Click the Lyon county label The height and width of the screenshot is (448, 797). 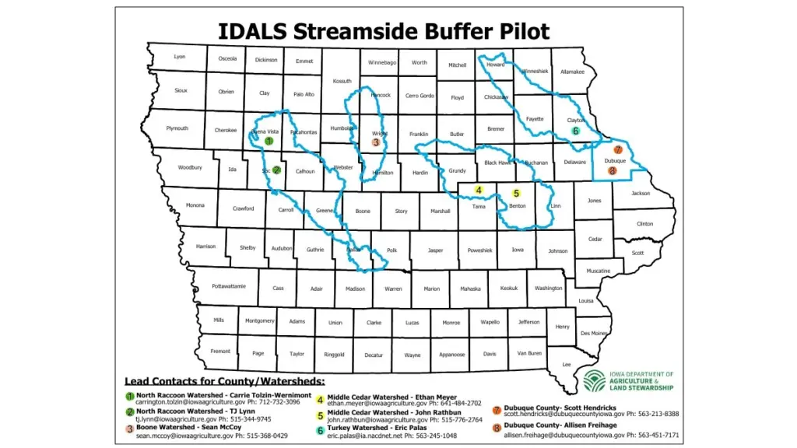180,57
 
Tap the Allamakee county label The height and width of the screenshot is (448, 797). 572,72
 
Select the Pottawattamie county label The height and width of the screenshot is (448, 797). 229,286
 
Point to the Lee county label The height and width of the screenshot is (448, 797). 567,364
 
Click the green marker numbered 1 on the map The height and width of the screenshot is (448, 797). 269,141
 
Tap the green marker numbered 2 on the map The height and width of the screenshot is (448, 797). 276,170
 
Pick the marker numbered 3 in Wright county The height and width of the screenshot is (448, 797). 376,142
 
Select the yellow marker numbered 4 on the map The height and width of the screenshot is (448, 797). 479,190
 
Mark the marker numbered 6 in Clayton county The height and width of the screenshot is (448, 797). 576,131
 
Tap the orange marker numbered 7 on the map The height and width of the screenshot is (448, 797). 618,149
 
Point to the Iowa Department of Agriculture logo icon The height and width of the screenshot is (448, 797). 595,381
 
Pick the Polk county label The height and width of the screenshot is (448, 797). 391,250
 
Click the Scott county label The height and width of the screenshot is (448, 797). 637,253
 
